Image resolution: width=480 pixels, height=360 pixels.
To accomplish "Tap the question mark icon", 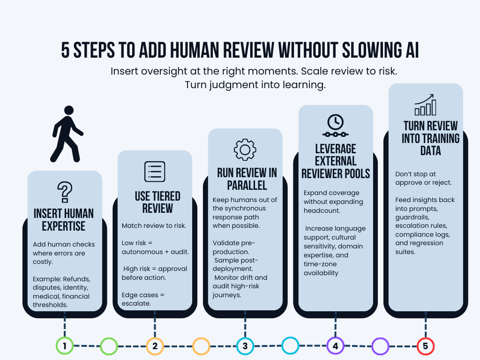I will (64, 192).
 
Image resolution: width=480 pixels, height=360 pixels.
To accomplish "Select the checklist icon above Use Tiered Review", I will (155, 171).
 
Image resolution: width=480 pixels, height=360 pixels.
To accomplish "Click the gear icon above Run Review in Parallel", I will (245, 150).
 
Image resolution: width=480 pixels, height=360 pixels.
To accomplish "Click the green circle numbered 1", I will (64, 346).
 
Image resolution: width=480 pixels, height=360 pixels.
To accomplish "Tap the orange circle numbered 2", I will (155, 346).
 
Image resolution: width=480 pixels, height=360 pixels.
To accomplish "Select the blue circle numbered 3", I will (245, 346).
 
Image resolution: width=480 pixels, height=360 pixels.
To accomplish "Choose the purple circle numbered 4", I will (335, 346).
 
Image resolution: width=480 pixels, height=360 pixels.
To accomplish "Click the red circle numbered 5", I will (426, 346).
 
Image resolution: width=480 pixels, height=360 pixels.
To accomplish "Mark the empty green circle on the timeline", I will (109, 346).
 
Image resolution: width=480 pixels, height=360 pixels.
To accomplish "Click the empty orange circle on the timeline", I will (201, 346).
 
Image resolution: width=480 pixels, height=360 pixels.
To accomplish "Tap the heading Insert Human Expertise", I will (64, 219).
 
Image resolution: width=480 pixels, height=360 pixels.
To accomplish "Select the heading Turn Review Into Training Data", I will (430, 138).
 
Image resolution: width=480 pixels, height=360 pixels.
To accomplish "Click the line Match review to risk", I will (154, 225).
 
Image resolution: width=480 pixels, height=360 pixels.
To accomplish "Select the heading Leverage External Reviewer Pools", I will (335, 161).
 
